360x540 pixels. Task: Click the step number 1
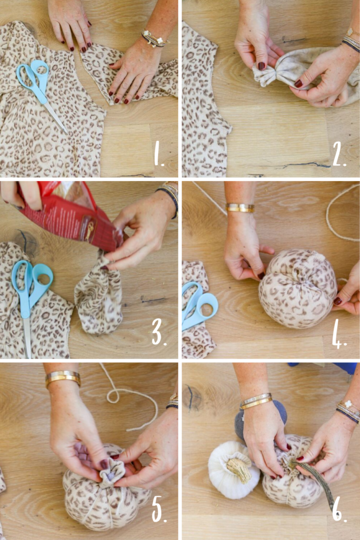click(x=159, y=155)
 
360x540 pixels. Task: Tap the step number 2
click(x=338, y=155)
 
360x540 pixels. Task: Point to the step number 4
click(x=338, y=334)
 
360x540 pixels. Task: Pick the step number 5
click(x=158, y=511)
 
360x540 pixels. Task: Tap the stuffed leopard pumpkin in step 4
click(x=298, y=289)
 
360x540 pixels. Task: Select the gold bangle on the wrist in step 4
click(x=240, y=208)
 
